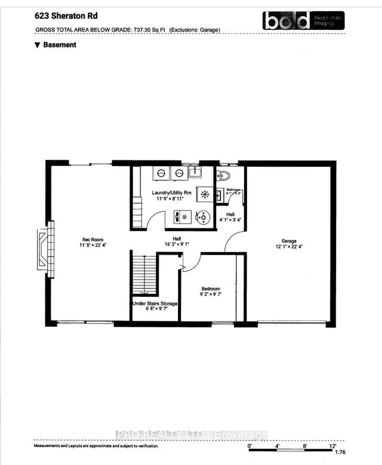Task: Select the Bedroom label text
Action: coord(210,289)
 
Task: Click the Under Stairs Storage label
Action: coord(155,303)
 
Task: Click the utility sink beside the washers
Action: coord(194,173)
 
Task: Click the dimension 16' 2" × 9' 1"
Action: coord(177,243)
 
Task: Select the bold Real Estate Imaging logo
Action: coord(301,20)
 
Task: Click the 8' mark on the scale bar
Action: coord(305,445)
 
